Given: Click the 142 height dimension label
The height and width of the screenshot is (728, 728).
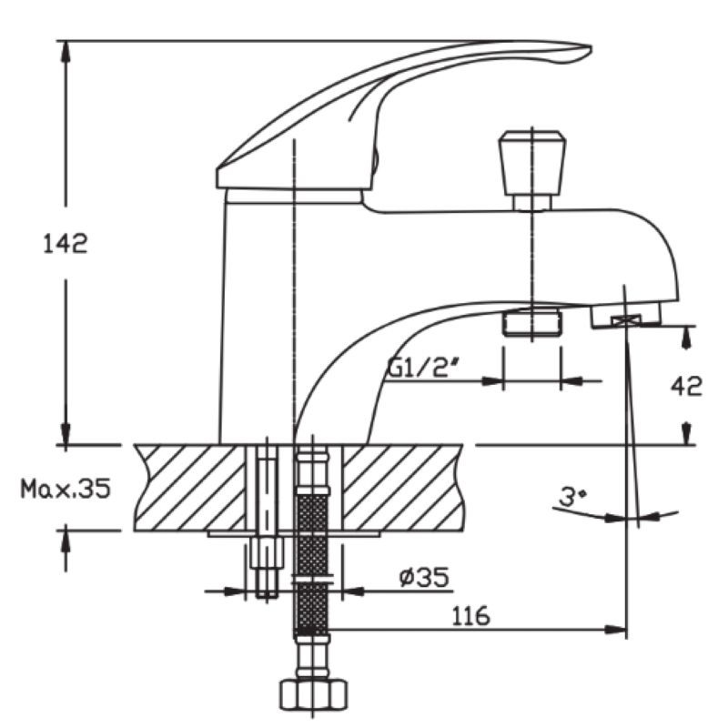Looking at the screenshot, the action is [x=65, y=244].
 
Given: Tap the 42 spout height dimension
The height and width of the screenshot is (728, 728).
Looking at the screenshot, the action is [x=686, y=385].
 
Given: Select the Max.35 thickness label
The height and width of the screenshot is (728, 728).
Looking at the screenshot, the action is [x=66, y=489].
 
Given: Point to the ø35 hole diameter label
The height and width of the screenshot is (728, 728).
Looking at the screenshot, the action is [x=424, y=577].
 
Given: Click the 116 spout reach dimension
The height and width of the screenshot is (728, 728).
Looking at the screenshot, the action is [x=470, y=616].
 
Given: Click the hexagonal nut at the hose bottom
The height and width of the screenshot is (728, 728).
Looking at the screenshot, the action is [x=314, y=694].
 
